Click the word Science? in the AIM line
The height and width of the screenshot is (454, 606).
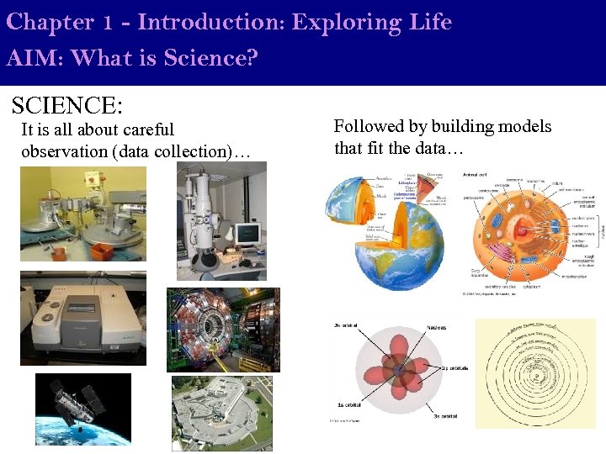point(210,58)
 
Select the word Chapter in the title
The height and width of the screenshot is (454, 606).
point(47,22)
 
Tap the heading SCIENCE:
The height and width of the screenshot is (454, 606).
point(67,105)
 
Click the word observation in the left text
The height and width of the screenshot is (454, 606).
point(64,151)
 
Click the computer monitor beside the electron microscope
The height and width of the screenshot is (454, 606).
point(247,233)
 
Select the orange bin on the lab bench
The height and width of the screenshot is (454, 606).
point(90,179)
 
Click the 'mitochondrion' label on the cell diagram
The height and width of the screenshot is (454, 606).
point(574,275)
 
